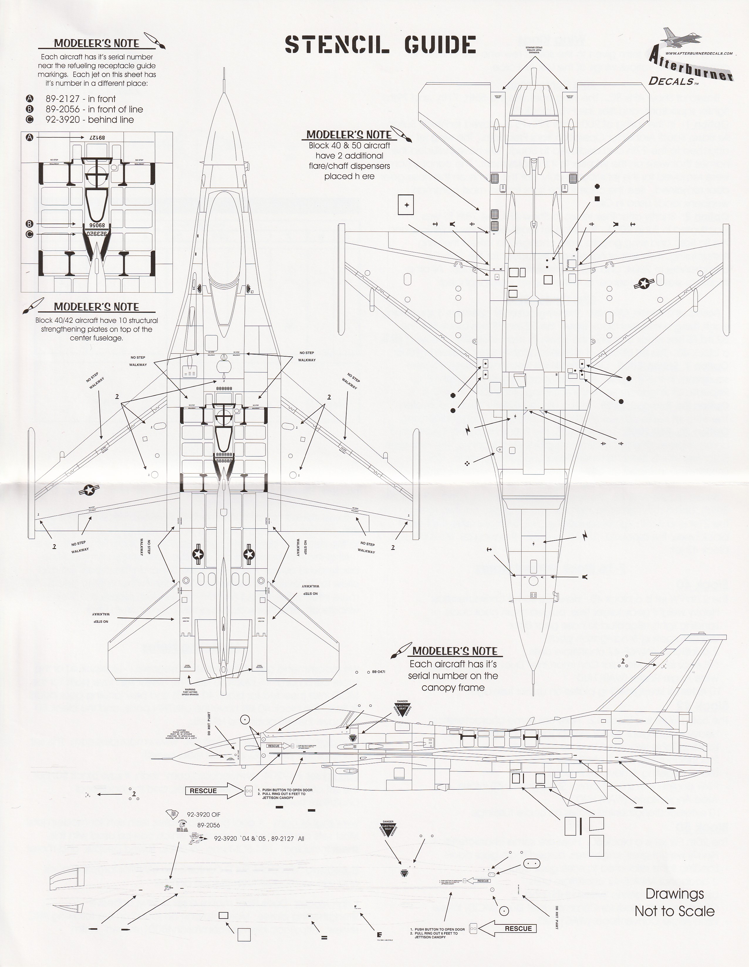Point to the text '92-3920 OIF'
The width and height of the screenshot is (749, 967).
[203, 815]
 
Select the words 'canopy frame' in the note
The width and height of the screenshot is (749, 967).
[453, 688]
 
